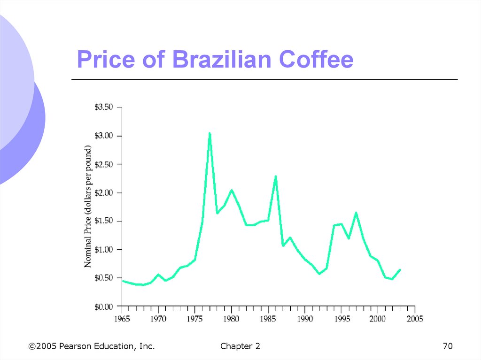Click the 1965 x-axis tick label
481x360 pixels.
click(122, 319)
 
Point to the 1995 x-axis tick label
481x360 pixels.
click(341, 319)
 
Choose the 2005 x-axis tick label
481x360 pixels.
click(415, 319)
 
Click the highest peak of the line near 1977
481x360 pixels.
click(209, 133)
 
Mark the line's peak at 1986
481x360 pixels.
click(275, 176)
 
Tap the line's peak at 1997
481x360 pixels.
click(356, 213)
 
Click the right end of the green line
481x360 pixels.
click(400, 269)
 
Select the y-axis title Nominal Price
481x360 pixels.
click(88, 207)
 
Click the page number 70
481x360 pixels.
click(448, 346)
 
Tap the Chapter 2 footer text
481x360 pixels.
click(240, 346)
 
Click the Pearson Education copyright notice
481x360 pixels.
click(92, 346)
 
